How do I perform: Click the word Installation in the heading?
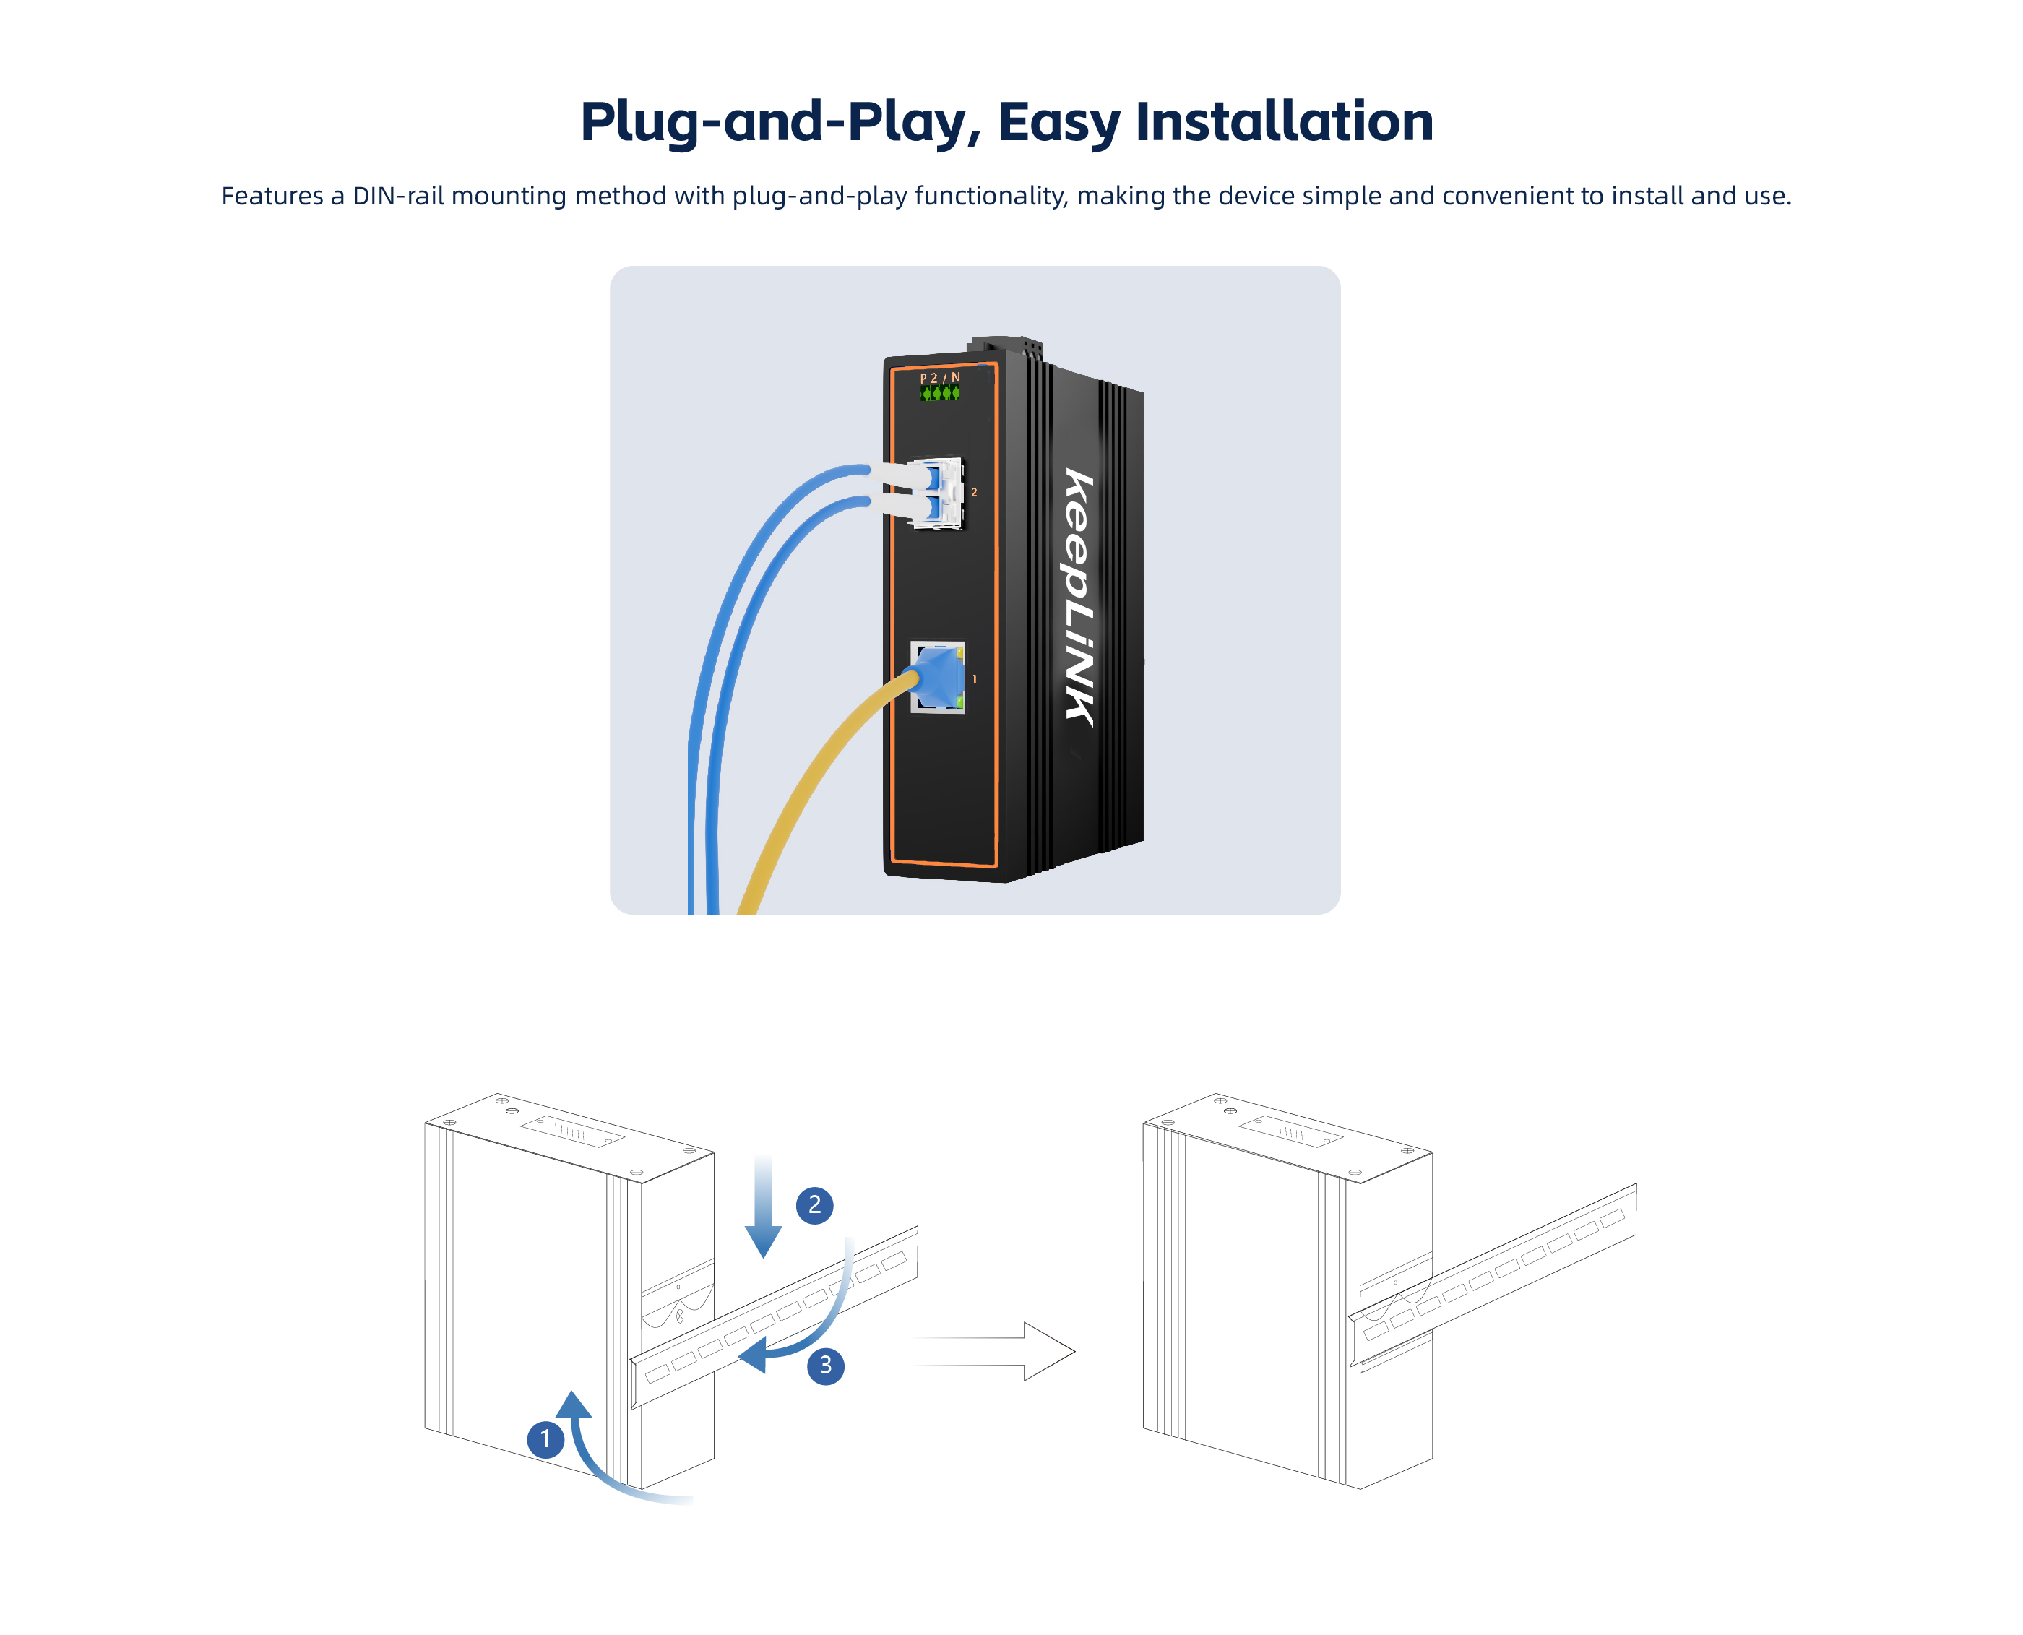point(1285,121)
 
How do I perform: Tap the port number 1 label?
point(974,679)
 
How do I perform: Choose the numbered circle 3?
point(826,1365)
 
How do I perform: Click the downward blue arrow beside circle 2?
point(763,1207)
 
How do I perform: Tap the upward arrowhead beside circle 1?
point(574,1405)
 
